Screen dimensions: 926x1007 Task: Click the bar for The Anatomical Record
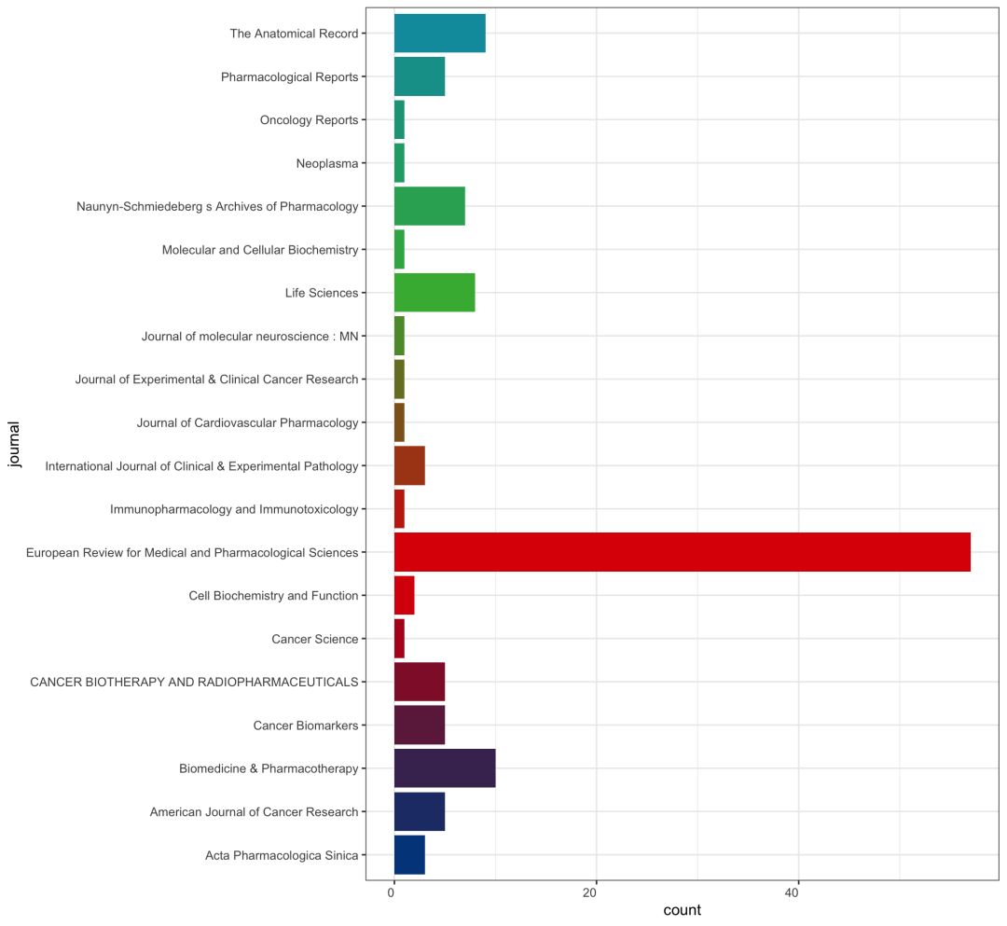439,34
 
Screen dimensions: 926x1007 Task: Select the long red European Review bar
682,552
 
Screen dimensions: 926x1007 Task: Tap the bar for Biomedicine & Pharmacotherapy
444,768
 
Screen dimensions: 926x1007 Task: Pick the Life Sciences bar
434,293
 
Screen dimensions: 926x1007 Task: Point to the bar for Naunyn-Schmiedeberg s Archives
429,206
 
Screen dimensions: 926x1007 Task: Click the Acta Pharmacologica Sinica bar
409,855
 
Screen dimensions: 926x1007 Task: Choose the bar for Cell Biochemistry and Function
404,595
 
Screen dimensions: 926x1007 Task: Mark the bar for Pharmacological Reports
419,76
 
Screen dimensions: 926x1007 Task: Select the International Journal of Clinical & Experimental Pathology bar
409,465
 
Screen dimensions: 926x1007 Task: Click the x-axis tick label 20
589,893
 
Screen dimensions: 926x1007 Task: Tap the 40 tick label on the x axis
792,893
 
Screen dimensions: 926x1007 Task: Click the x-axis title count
682,910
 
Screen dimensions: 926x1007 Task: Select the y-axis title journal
14,445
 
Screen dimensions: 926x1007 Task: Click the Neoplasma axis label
326,163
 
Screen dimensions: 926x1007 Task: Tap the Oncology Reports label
309,120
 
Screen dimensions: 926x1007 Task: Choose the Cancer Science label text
314,639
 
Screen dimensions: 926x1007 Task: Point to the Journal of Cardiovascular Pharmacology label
247,422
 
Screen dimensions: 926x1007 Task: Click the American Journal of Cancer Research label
254,812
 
